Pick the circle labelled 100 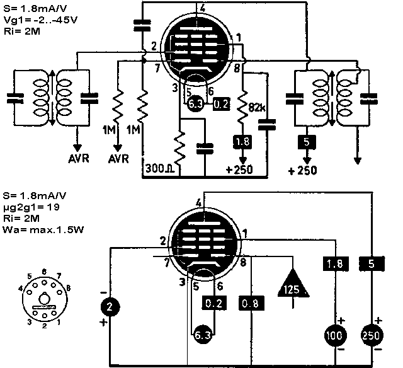pos(334,335)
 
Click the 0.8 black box pos(249,304)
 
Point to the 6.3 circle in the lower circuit pos(202,335)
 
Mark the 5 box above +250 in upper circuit pos(305,142)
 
